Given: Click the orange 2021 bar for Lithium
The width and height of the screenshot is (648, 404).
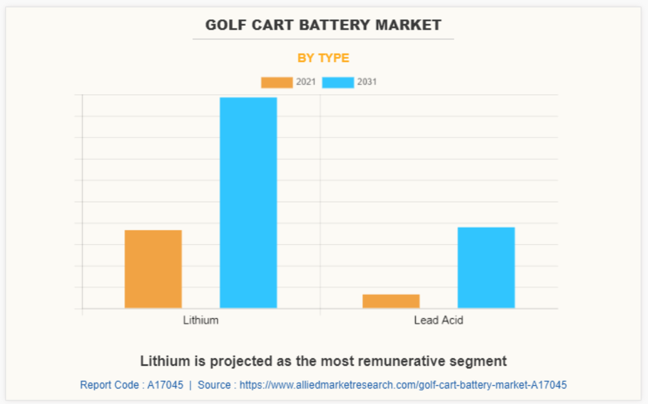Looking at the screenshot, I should (153, 268).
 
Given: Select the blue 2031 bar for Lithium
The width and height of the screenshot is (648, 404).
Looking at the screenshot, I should (248, 203).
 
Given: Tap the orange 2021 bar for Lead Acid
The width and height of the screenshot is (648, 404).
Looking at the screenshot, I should (391, 301).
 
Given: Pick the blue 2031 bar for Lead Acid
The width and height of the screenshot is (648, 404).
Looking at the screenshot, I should (486, 267).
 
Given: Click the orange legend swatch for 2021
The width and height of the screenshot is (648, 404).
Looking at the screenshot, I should (276, 83).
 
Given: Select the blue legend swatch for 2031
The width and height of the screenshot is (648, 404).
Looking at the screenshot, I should (338, 83).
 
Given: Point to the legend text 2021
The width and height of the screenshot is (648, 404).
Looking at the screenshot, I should (306, 83).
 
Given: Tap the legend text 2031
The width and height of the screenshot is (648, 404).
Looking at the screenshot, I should (367, 83).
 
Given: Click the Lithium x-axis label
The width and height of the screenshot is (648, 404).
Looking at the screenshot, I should (201, 320).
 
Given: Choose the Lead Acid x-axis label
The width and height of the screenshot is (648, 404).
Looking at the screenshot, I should (439, 320).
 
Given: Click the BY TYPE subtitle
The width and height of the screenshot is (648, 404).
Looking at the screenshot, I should (323, 58).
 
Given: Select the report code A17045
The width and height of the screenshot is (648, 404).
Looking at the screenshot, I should (165, 385).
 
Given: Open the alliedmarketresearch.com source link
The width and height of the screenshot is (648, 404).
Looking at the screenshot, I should (403, 385).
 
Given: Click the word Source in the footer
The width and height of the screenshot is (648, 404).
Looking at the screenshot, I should (214, 385).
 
